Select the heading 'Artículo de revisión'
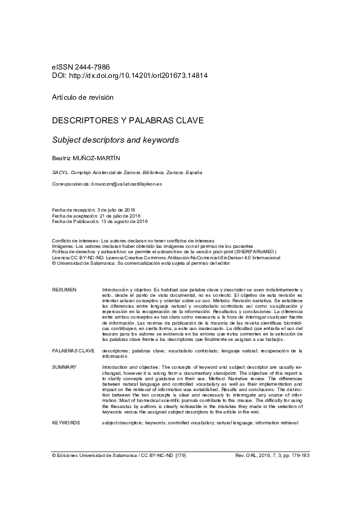tap(82, 97)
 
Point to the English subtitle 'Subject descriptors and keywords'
tap(116, 140)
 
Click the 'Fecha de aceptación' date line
tap(96, 215)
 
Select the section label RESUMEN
tap(65, 290)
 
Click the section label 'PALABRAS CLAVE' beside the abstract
tap(73, 350)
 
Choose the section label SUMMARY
tap(65, 367)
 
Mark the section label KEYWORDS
tap(66, 423)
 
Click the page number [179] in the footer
tap(180, 455)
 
